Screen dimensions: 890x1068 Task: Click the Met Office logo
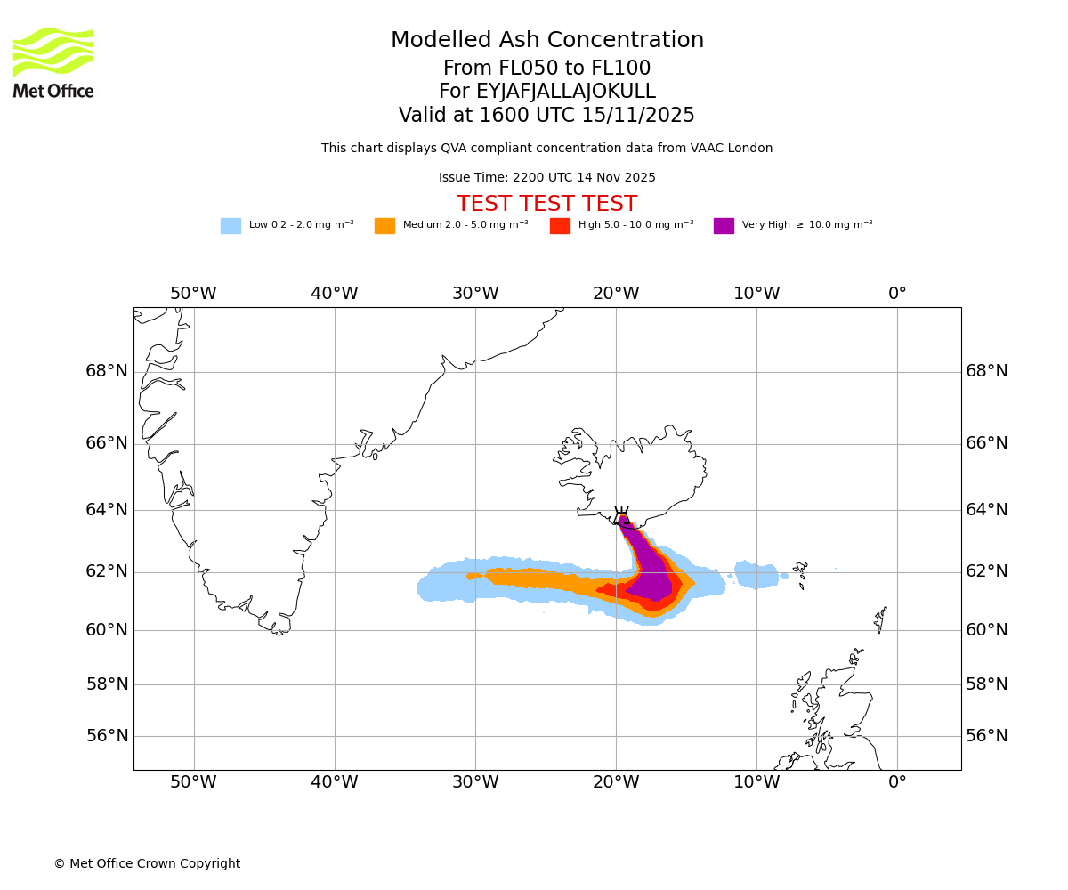point(53,63)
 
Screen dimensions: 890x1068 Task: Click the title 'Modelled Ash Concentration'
point(547,41)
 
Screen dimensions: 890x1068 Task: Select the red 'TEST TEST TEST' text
point(546,205)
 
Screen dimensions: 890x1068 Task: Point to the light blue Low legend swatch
point(231,226)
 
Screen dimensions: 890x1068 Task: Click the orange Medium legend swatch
point(384,226)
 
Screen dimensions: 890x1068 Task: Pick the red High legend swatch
point(560,226)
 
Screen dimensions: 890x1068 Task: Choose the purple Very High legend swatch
point(724,226)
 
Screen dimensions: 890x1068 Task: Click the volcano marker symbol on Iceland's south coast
point(621,516)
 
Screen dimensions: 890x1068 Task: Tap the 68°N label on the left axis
point(107,371)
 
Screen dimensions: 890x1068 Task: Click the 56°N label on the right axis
point(987,736)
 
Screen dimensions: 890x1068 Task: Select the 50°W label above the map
point(193,294)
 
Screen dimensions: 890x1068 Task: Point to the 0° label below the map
point(897,782)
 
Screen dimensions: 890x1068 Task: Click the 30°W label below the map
point(474,782)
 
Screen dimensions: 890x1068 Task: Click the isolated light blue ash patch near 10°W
point(756,575)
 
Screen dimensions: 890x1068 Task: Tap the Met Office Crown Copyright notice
point(147,864)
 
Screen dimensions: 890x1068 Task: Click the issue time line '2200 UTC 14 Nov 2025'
point(546,178)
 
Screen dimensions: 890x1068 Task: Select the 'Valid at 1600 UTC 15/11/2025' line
point(546,116)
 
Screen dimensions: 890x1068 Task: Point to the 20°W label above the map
point(616,294)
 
